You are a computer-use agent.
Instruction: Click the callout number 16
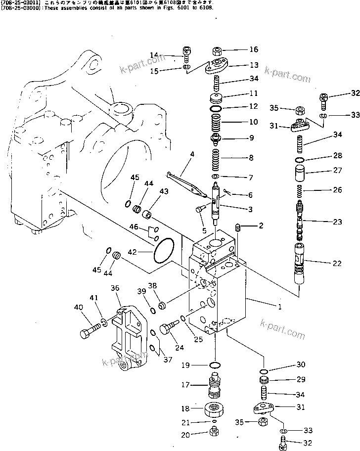[253, 49]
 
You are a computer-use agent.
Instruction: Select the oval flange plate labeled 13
[218, 66]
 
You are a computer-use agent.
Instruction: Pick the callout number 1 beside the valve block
[279, 307]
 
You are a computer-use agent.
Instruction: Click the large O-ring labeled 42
[163, 251]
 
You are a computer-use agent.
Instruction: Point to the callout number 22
[337, 264]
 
